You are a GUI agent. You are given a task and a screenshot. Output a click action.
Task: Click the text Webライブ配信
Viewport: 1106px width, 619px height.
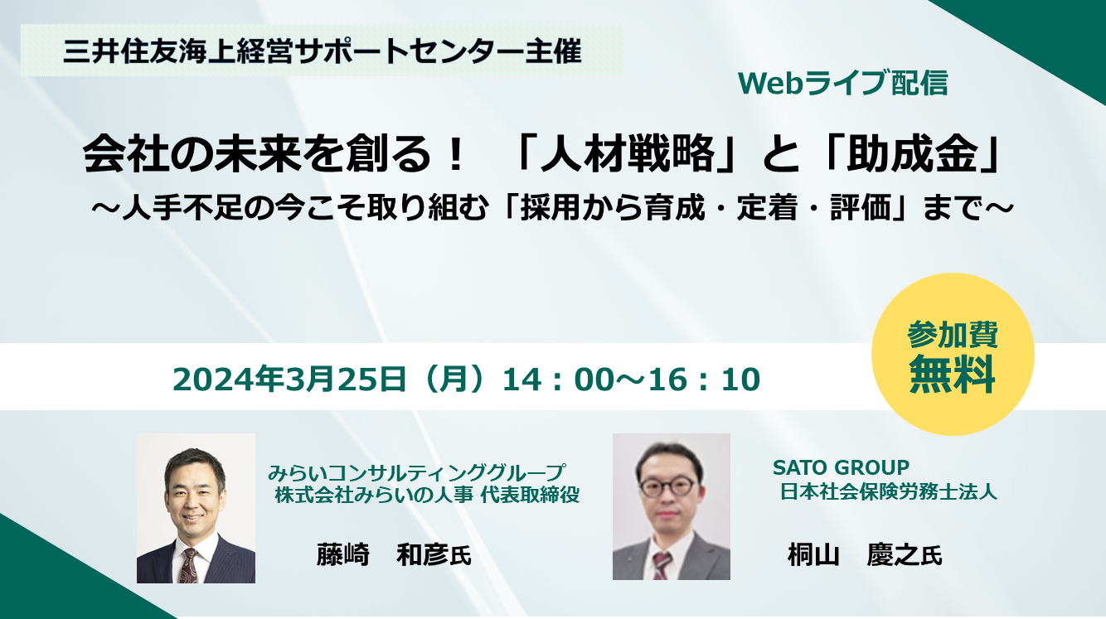(843, 83)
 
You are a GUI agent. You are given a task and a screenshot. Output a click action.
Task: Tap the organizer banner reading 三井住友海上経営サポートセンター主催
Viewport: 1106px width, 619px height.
(322, 51)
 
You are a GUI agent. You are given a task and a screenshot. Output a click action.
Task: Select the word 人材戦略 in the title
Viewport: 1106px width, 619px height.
(628, 154)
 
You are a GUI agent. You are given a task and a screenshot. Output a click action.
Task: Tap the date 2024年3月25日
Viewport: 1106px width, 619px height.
(289, 379)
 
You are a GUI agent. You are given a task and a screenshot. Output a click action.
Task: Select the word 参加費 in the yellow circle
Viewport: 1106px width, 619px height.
(953, 334)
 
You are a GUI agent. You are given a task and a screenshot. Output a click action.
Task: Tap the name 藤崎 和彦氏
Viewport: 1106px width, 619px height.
(394, 554)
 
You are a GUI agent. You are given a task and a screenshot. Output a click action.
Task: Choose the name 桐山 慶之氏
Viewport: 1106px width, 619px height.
(865, 554)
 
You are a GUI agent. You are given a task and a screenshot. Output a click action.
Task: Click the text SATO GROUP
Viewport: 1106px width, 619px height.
(841, 467)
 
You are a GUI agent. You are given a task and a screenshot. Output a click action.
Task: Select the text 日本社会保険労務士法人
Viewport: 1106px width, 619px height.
(889, 492)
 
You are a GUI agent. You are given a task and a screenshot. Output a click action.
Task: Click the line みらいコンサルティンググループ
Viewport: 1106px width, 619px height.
(416, 472)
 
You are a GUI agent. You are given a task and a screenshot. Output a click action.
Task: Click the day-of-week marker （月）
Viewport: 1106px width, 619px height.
(454, 379)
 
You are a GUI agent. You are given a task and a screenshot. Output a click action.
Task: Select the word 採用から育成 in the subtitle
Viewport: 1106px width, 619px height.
(612, 207)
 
